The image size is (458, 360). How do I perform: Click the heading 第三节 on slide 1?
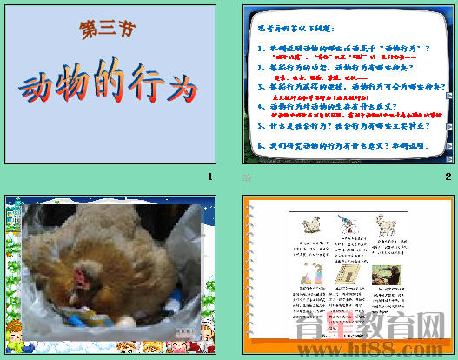click(x=107, y=30)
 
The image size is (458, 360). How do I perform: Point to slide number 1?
click(x=209, y=177)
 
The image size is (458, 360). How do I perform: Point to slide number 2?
click(x=448, y=177)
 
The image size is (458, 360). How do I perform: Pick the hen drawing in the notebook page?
click(x=309, y=227)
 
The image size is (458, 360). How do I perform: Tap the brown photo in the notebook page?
click(x=382, y=276)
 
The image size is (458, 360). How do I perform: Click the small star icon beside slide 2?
click(x=247, y=177)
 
